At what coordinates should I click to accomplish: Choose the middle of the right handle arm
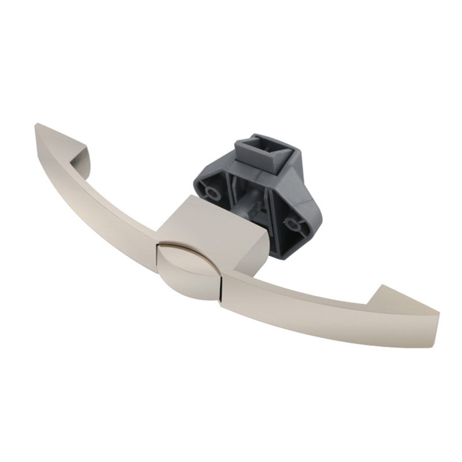click(x=323, y=306)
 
